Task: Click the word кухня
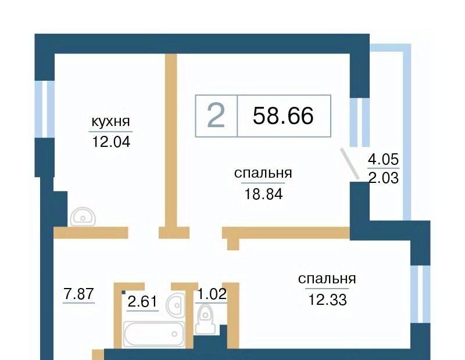110,121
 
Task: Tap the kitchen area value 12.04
111,142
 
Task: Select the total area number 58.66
283,116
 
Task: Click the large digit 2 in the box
216,116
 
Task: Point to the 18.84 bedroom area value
263,194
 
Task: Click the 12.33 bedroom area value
327,300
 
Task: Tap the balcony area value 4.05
383,160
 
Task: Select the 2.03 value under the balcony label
384,178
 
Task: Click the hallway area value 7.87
78,294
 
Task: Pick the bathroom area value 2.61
142,302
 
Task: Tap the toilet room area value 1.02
212,294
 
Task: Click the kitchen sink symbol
83,217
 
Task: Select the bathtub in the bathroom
153,334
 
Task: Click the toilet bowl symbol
205,319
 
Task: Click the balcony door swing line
350,164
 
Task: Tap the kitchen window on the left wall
45,109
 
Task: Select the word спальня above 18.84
263,173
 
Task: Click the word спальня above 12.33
327,279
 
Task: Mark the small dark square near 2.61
123,293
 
